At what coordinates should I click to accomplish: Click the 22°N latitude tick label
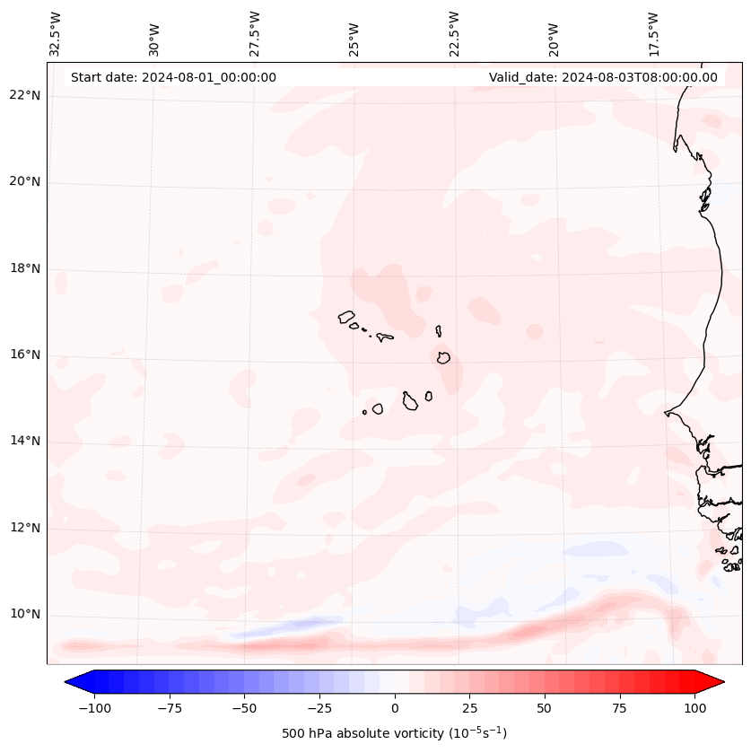(24, 96)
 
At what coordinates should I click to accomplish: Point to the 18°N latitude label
(24, 268)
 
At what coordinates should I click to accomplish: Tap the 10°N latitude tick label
(24, 614)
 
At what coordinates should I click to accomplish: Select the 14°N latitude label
(24, 441)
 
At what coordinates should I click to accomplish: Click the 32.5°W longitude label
(56, 33)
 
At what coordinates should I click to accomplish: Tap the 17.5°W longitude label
(653, 33)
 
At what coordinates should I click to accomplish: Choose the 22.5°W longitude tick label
(454, 33)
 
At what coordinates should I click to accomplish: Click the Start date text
(173, 77)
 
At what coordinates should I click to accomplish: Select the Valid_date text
(603, 77)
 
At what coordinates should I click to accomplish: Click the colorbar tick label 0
(395, 708)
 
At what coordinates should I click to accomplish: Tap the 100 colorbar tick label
(695, 708)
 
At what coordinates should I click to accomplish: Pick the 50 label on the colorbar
(545, 708)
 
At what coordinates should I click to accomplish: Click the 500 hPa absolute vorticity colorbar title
(394, 733)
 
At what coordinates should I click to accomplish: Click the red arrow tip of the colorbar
(717, 682)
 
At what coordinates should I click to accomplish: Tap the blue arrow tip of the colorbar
(72, 682)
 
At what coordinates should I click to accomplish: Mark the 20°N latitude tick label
(24, 182)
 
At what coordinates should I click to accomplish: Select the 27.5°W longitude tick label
(255, 33)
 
